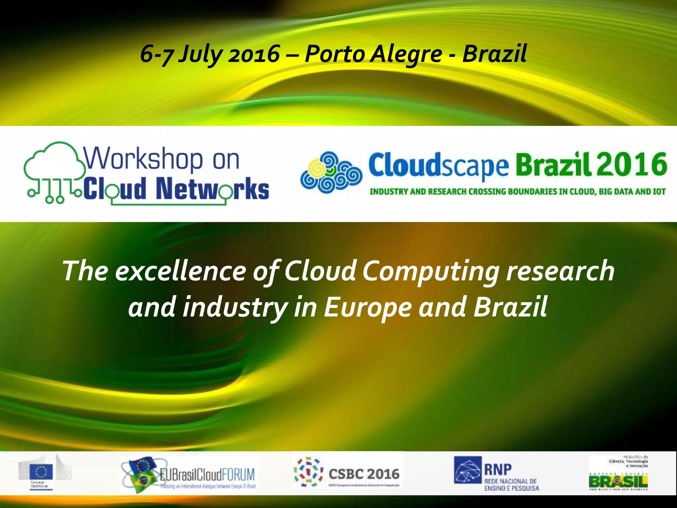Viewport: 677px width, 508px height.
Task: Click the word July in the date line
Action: click(x=200, y=54)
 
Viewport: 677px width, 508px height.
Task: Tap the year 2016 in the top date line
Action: click(x=254, y=54)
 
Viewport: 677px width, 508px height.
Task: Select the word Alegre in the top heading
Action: click(x=406, y=54)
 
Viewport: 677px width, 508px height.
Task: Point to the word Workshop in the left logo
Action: click(x=143, y=159)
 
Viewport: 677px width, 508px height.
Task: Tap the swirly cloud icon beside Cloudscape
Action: click(x=331, y=172)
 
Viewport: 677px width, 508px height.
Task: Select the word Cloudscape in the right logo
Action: click(x=438, y=165)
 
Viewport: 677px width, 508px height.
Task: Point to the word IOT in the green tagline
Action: click(x=659, y=191)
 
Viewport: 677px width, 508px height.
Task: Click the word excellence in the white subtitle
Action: click(x=180, y=271)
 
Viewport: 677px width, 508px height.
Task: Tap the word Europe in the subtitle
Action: click(x=367, y=307)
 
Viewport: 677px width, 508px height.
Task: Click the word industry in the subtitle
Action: click(x=235, y=307)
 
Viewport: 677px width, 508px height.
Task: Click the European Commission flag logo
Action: click(x=41, y=471)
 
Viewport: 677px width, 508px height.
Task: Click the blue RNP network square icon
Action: click(x=468, y=470)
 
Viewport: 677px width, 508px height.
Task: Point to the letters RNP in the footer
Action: click(x=498, y=469)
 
